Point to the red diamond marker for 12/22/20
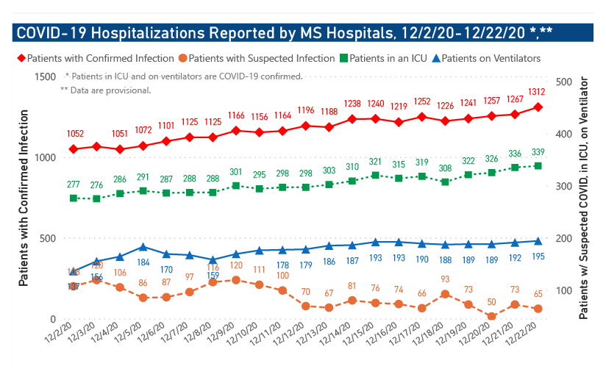tap(538, 107)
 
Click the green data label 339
tap(537, 152)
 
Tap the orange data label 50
tap(491, 302)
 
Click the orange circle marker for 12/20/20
tap(491, 316)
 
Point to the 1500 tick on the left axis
tap(46, 77)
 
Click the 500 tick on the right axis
tap(566, 82)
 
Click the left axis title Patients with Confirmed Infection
tap(24, 198)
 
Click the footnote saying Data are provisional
tap(106, 90)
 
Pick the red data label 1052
tap(74, 134)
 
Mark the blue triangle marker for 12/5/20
tap(143, 247)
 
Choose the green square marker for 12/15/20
tap(375, 176)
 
